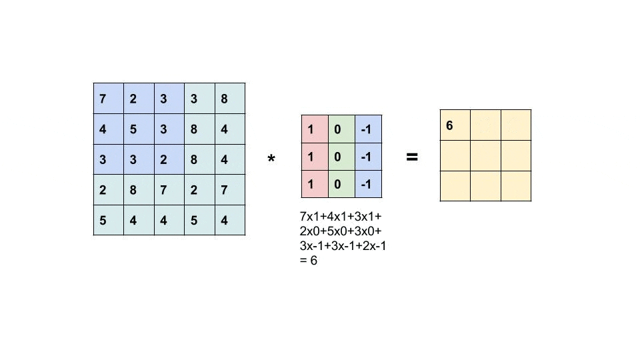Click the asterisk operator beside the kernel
(x=271, y=158)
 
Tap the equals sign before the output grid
(x=412, y=157)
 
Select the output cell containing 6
(x=455, y=125)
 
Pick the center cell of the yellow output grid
(x=486, y=155)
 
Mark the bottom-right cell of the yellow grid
(x=516, y=186)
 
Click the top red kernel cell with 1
(x=315, y=129)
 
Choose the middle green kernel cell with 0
(x=341, y=157)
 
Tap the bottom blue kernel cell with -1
(x=368, y=184)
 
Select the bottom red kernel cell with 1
(x=315, y=184)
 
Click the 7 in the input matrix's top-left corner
(x=109, y=99)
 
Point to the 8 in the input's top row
(x=230, y=99)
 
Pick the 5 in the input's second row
(x=139, y=129)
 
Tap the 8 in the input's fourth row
(x=139, y=190)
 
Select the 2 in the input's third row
(x=169, y=159)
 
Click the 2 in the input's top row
(x=139, y=99)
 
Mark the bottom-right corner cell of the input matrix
(x=230, y=220)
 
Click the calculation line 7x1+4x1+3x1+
(x=341, y=216)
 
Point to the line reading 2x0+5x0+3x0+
(x=341, y=231)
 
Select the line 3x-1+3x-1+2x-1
(x=343, y=246)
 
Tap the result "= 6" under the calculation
(x=309, y=261)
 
